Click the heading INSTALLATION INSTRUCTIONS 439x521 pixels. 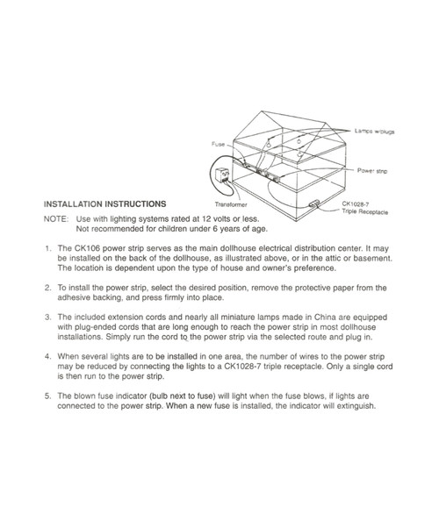pyautogui.click(x=104, y=203)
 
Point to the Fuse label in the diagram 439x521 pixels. pyautogui.click(x=219, y=143)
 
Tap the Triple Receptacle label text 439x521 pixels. pyautogui.click(x=366, y=211)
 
